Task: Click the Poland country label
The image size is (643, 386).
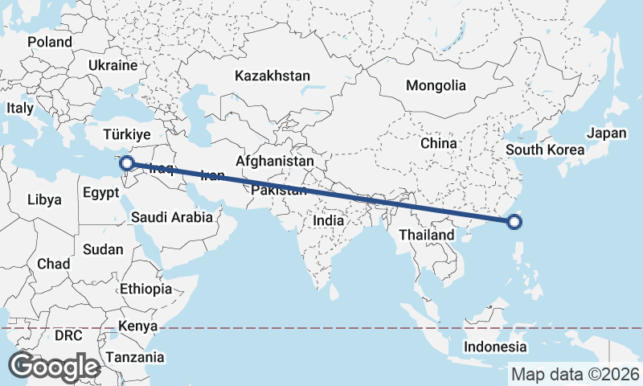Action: coord(49,42)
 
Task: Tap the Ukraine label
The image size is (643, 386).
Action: coord(113,64)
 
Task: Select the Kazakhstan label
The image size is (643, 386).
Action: coord(272,76)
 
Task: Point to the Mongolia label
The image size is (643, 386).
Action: coord(436,85)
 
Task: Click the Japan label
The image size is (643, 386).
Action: coord(606,133)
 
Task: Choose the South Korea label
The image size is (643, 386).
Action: coord(544,150)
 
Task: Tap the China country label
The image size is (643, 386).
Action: coord(439,143)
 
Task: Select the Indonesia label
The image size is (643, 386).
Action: coord(495,347)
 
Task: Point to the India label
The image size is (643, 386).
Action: coord(328,220)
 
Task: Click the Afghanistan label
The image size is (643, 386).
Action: coord(276,161)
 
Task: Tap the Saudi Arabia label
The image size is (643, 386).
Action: coord(172,217)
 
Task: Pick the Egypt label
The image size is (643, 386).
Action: coord(101,192)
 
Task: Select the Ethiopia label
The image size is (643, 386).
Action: coord(145,289)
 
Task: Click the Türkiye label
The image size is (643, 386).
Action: coord(128,134)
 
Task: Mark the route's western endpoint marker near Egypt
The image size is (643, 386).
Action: coord(126,164)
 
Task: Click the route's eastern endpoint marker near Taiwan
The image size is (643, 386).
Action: coord(515,223)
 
